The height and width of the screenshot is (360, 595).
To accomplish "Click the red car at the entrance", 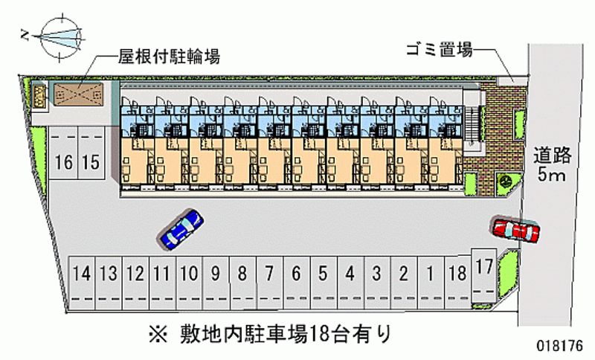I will (515, 231).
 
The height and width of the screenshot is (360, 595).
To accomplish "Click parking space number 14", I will (82, 274).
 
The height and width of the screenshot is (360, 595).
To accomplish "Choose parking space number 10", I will (189, 274).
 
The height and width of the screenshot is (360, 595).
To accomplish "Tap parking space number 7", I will (268, 274).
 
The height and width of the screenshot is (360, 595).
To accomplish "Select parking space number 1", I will (429, 274).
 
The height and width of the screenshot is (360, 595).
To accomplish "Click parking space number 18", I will (457, 274).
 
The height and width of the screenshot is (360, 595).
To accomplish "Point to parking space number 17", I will (483, 266).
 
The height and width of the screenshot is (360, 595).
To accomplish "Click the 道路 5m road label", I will (552, 165).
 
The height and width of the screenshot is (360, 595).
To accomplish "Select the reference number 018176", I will (560, 346).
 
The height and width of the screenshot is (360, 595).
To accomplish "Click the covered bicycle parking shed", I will (76, 94).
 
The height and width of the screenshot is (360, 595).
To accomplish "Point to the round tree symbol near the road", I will (504, 179).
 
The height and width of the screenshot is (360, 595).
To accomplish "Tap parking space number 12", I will (135, 274).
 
